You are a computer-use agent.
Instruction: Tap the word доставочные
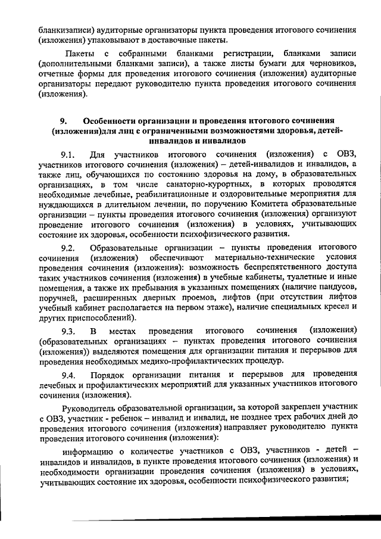click(x=167, y=40)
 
